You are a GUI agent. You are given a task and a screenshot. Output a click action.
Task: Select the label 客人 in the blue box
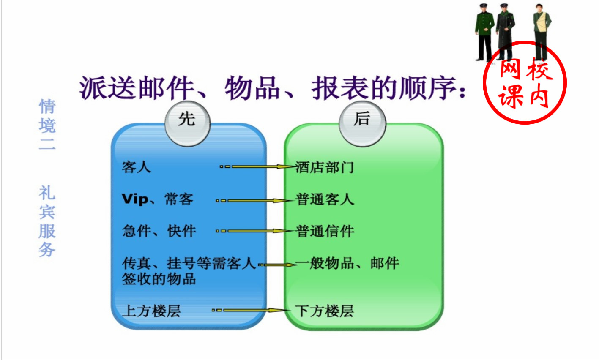click(136, 167)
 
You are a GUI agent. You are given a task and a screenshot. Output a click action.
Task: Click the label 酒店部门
click(325, 167)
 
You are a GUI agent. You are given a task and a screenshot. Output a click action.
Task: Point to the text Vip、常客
click(157, 199)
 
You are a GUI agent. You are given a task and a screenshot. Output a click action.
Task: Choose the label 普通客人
click(325, 199)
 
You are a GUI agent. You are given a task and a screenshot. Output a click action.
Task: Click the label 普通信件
click(325, 231)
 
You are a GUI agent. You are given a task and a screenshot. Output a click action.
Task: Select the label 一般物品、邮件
click(347, 263)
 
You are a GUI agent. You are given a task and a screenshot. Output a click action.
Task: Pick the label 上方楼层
click(151, 311)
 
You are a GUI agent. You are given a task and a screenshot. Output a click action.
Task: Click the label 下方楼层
click(325, 311)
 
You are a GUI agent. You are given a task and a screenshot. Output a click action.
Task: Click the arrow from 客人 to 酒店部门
click(258, 166)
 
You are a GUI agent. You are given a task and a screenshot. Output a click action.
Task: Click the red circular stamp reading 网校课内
click(525, 82)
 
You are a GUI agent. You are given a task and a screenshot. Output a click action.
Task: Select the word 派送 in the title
click(108, 88)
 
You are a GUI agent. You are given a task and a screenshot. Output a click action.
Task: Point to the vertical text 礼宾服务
click(47, 221)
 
